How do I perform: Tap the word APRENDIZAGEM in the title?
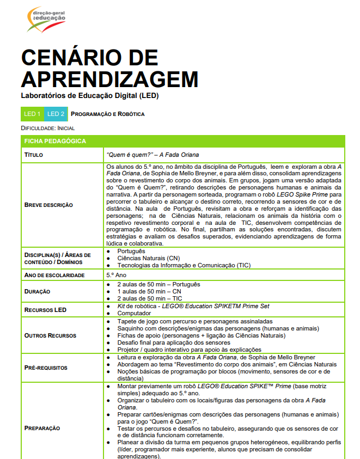(x=109, y=79)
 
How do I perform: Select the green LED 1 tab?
(x=32, y=114)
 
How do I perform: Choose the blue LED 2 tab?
(x=56, y=114)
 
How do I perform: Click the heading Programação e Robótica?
(x=108, y=114)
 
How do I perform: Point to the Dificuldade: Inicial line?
(x=48, y=128)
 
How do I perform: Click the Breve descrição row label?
(x=49, y=205)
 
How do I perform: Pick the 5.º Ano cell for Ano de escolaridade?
(x=117, y=276)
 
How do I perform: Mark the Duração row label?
(x=37, y=291)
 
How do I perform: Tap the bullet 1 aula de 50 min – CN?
(x=150, y=291)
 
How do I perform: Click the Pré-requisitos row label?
(x=46, y=368)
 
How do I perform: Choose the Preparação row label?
(x=42, y=428)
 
